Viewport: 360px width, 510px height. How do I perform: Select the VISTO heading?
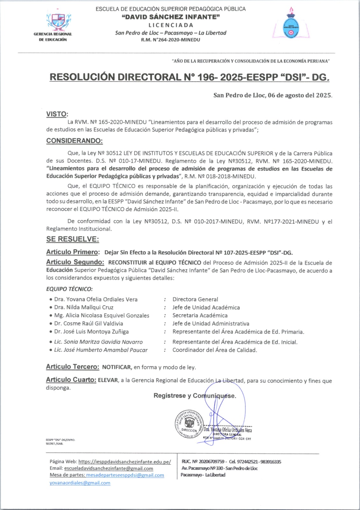point(57,114)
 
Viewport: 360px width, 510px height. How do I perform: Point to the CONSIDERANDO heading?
point(75,141)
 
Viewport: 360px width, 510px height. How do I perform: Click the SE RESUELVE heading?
point(73,239)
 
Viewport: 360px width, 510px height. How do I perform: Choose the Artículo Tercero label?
point(73,367)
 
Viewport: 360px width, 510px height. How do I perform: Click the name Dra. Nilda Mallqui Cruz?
point(83,307)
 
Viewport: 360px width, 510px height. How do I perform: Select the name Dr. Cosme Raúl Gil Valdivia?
point(88,324)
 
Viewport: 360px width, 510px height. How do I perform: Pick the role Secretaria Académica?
point(200,316)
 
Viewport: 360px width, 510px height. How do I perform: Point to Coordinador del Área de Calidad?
point(215,350)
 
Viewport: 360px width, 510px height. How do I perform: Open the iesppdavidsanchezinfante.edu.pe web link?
point(125,462)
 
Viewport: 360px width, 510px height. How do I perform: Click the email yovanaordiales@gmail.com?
point(80,483)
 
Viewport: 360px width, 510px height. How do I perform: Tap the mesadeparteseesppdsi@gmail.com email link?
point(125,475)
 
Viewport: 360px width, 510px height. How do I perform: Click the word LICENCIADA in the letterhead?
point(171,25)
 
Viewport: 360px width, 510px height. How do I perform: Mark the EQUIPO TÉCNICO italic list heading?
point(69,289)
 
